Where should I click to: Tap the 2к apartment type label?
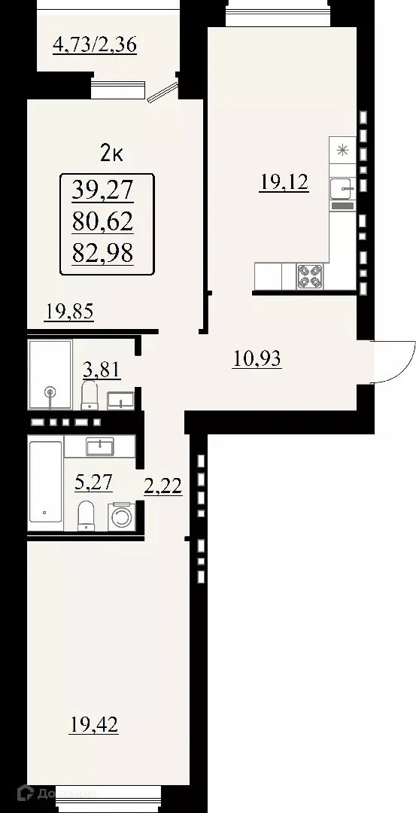(112, 154)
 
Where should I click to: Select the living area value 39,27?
(102, 190)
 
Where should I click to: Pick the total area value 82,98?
(102, 254)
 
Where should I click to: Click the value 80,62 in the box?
(102, 222)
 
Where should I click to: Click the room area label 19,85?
(68, 311)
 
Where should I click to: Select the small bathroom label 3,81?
(101, 370)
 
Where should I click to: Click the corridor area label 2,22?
(162, 487)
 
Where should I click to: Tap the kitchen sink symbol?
(342, 184)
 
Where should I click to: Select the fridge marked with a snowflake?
(342, 150)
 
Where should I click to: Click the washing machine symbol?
(122, 516)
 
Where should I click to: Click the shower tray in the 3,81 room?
(50, 374)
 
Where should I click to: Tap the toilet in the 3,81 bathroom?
(90, 394)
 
